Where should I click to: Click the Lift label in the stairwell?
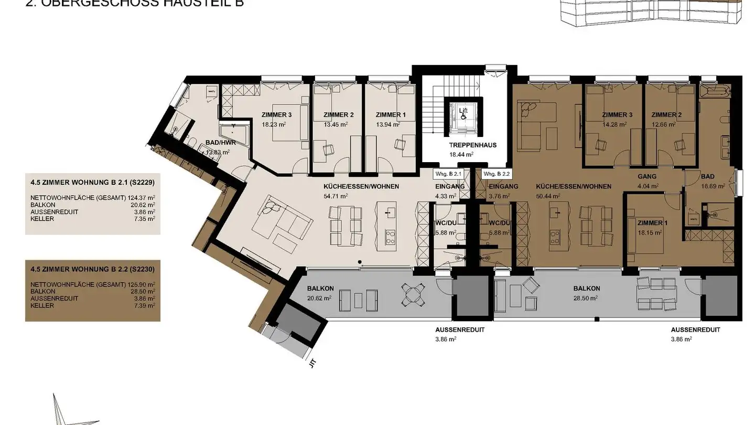click(463, 111)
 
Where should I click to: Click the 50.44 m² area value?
click(548, 196)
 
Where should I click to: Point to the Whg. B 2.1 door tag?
click(447, 174)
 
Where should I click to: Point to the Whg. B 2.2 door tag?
click(495, 174)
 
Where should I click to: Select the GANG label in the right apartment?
click(647, 177)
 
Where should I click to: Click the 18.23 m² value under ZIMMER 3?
click(274, 125)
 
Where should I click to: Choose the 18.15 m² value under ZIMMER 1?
click(648, 232)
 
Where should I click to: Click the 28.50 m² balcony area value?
click(586, 297)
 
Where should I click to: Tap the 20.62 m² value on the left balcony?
click(319, 298)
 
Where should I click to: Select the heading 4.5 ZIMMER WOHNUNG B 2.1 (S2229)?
click(92, 184)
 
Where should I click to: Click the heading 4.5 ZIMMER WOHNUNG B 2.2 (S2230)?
click(92, 269)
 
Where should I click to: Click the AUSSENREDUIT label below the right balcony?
click(695, 330)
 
